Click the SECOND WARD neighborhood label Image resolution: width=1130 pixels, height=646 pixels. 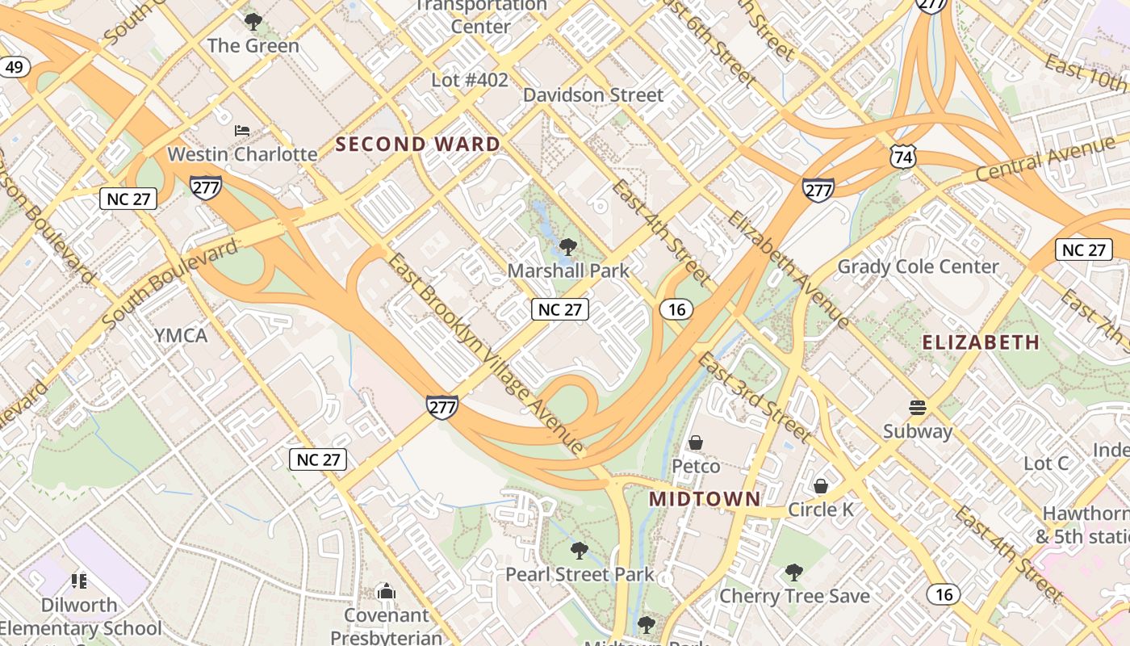click(x=417, y=145)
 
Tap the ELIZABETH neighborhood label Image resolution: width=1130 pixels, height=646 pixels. click(x=981, y=342)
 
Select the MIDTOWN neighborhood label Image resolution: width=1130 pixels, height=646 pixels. click(x=705, y=499)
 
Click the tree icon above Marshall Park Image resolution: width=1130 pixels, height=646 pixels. click(x=568, y=246)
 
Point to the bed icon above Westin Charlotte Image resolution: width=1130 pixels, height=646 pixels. click(x=242, y=130)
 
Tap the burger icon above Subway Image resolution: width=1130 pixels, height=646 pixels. click(x=917, y=407)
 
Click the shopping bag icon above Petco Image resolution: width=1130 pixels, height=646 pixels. click(x=696, y=443)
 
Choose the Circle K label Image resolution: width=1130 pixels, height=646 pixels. click(x=821, y=510)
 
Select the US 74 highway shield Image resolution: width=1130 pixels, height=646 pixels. click(x=903, y=157)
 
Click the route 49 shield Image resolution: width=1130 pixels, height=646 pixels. click(x=15, y=67)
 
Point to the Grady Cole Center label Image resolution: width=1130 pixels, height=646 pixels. click(x=918, y=266)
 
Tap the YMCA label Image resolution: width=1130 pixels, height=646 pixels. click(x=181, y=335)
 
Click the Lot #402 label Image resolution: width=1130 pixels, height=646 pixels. click(x=470, y=80)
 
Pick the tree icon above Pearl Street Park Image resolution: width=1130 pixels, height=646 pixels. click(x=579, y=552)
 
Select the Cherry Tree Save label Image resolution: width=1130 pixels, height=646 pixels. click(x=794, y=596)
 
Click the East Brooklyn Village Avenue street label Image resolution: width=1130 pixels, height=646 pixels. click(x=486, y=354)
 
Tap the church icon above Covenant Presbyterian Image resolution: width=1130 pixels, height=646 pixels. click(x=387, y=592)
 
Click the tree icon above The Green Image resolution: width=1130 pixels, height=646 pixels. click(x=253, y=22)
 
